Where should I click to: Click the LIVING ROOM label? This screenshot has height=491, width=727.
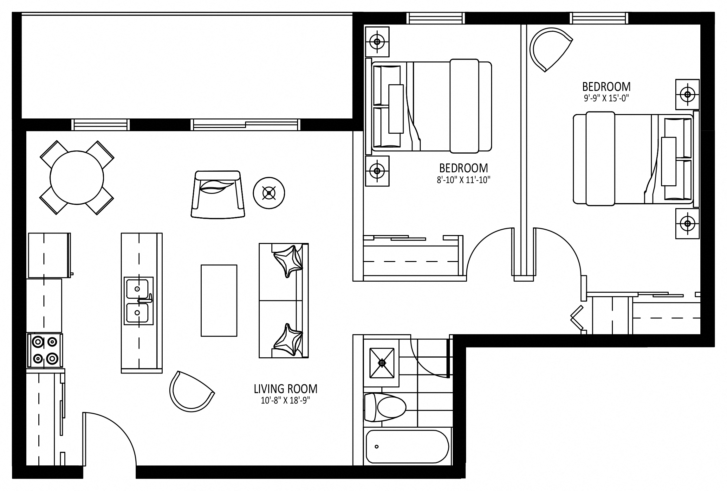click(x=285, y=389)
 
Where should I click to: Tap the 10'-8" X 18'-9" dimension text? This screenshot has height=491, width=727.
click(x=285, y=401)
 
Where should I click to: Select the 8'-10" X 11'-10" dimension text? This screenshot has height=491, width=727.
click(x=463, y=180)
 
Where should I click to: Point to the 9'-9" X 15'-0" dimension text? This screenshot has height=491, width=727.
click(x=606, y=99)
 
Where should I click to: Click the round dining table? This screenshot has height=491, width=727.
click(x=77, y=177)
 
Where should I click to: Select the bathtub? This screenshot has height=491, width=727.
click(x=407, y=447)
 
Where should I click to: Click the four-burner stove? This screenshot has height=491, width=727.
click(x=45, y=351)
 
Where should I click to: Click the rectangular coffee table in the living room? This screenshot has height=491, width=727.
click(x=219, y=300)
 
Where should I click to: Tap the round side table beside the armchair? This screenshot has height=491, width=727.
click(x=269, y=193)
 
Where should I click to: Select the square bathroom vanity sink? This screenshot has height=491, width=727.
click(x=382, y=363)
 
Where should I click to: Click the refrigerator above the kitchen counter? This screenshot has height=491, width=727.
click(x=49, y=255)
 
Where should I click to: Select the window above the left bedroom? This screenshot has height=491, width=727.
click(x=436, y=18)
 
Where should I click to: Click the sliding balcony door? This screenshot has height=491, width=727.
click(x=246, y=125)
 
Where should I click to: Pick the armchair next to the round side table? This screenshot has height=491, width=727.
click(x=218, y=194)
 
